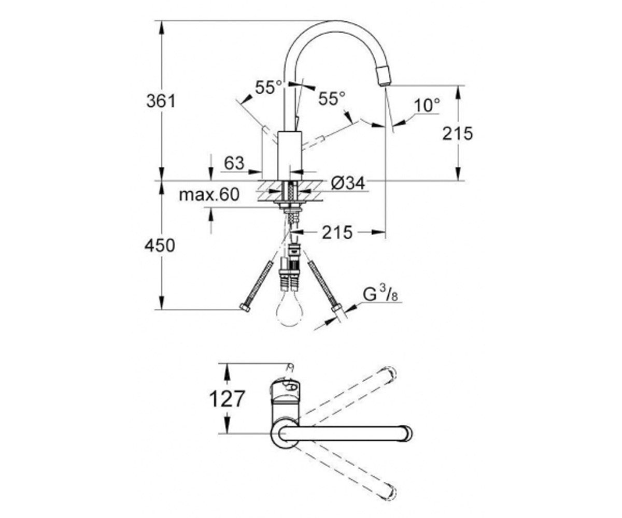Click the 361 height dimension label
click(x=161, y=101)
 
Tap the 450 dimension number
click(x=160, y=246)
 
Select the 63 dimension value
click(x=234, y=163)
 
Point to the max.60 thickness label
click(x=209, y=195)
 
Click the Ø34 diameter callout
click(x=348, y=183)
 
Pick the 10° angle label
click(x=427, y=105)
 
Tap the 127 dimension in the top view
click(x=227, y=399)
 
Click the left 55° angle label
click(x=268, y=88)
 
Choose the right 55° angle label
click(x=332, y=98)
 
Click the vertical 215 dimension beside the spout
click(x=457, y=133)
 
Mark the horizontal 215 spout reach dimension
click(x=337, y=232)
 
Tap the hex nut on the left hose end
click(x=245, y=307)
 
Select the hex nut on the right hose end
click(x=337, y=308)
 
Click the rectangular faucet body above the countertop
click(x=290, y=155)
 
